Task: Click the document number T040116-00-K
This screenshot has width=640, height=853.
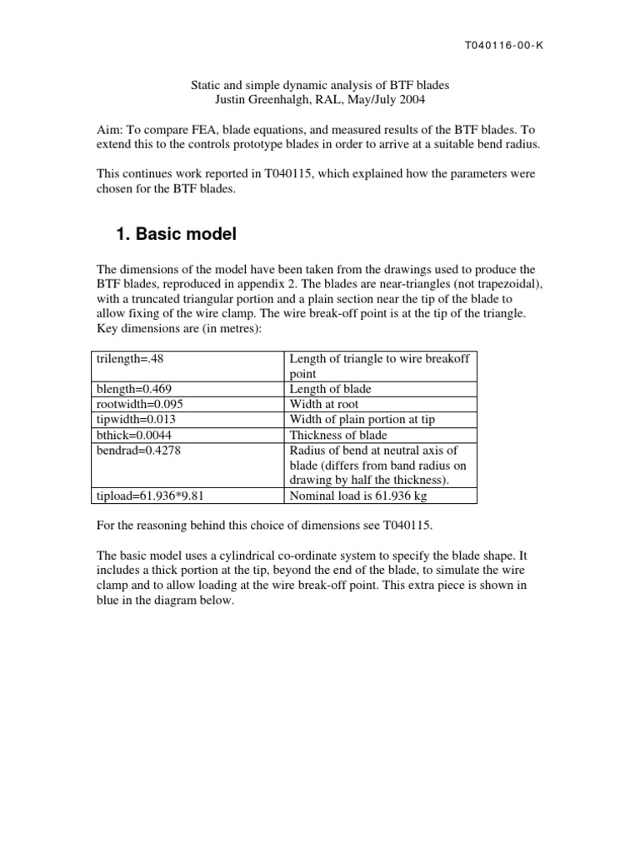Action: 503,46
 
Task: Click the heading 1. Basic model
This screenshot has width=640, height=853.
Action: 176,235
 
